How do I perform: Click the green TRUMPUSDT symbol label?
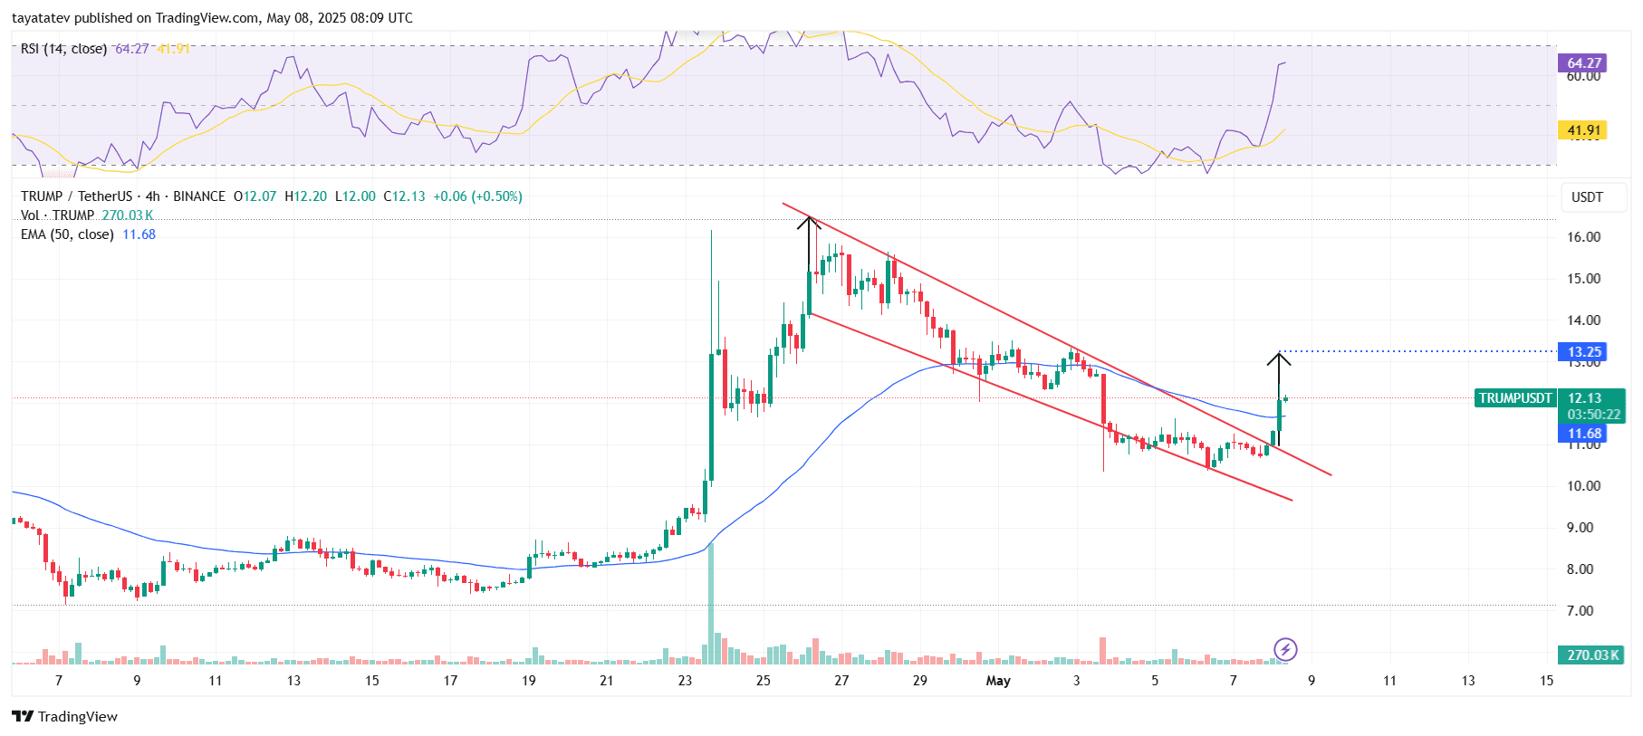coord(1514,398)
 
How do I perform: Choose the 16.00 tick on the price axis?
coord(1584,237)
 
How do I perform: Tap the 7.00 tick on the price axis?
coord(1581,611)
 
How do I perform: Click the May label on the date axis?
coord(997,681)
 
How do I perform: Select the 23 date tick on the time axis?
coord(685,681)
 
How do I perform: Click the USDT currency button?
coord(1587,197)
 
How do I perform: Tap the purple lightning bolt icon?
coord(1285,649)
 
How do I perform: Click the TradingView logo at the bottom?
coord(65,716)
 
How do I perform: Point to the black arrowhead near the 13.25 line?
coord(1278,358)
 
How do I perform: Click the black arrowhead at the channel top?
coord(808,222)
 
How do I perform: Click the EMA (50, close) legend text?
coord(67,234)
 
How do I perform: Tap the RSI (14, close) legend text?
coord(63,49)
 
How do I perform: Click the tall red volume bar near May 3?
coord(1102,650)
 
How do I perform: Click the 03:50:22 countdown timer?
coord(1593,415)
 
